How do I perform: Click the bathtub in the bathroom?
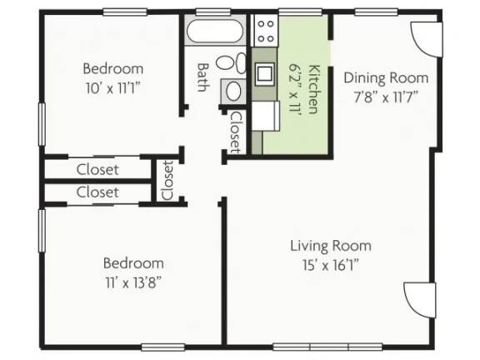point(215,31)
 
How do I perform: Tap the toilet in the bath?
point(231,62)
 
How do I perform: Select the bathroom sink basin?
point(233,91)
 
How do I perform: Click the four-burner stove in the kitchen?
point(265,31)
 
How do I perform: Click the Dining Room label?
point(386,77)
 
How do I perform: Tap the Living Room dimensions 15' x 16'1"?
point(331,265)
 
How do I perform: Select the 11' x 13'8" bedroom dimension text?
point(133,282)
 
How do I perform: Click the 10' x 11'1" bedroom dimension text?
point(112,88)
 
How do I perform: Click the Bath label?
point(202,77)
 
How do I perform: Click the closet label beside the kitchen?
point(236,132)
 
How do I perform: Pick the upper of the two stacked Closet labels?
point(97,170)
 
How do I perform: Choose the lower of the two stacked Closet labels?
point(97,192)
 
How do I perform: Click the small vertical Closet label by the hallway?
point(167,180)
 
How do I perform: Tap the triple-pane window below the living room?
point(327,347)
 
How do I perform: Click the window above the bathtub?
point(212,12)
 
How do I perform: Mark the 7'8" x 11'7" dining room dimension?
point(386,97)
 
